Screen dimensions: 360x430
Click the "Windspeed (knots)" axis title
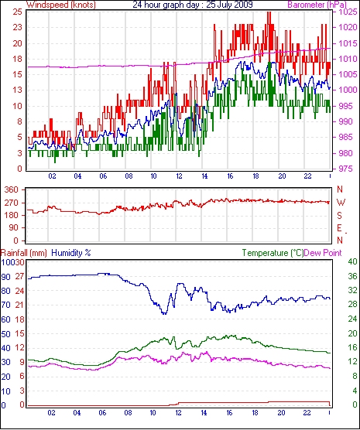tap(61, 5)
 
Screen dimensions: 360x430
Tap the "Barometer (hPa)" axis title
tap(317, 5)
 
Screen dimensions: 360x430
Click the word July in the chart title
tap(225, 5)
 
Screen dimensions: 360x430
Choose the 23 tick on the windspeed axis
tap(18, 27)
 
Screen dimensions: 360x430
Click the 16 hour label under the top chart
tap(230, 176)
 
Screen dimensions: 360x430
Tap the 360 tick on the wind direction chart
tap(12, 189)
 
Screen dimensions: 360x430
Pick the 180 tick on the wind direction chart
tap(12, 216)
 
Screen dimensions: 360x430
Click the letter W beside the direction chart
tap(341, 203)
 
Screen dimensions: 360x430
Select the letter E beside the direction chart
tap(340, 228)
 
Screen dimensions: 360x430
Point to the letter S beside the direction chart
tap(340, 216)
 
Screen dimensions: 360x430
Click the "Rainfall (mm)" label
tap(24, 253)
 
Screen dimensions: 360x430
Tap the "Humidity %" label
tap(71, 253)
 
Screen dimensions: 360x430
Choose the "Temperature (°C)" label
tap(273, 253)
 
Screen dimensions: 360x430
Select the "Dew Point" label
tap(323, 253)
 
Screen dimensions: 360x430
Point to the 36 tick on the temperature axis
tap(352, 276)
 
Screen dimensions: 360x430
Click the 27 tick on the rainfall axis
tap(20, 276)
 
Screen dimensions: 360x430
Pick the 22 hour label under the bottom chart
tap(307, 413)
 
